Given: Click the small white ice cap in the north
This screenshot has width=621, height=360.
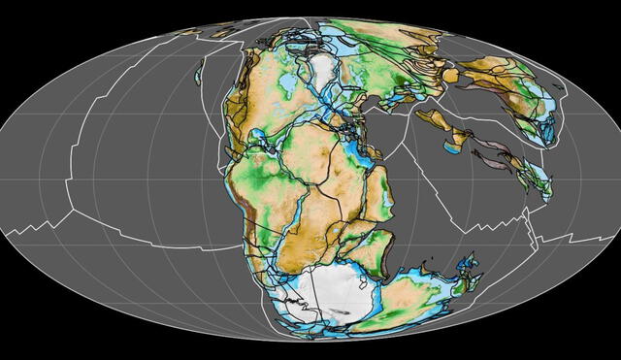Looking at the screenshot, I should tap(321, 69).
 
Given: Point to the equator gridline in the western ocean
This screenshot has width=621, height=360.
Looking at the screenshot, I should tap(116, 180).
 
